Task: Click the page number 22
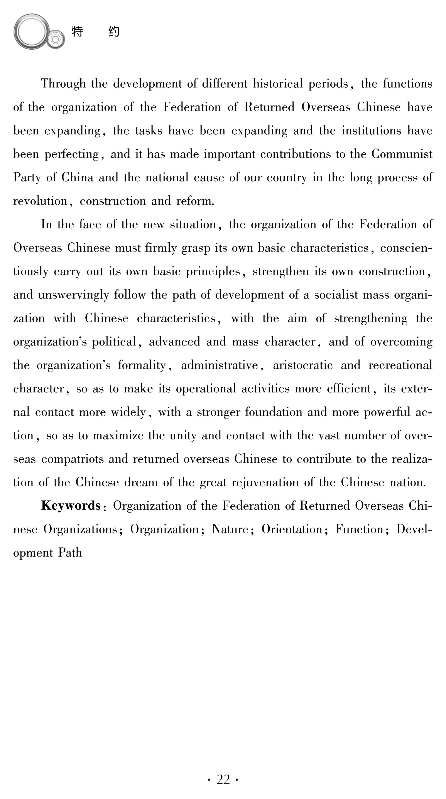[x=223, y=779]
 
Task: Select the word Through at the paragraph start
[x=63, y=84]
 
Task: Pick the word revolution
[x=40, y=201]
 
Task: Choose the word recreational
[x=400, y=365]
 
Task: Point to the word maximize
[x=118, y=435]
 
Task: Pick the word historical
[x=278, y=84]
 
